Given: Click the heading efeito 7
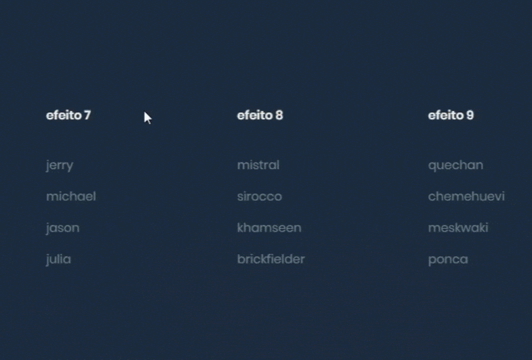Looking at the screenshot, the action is pyautogui.click(x=68, y=116).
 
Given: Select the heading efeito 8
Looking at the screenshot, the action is pyautogui.click(x=260, y=116).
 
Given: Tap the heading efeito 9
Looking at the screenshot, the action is pyautogui.click(x=451, y=116).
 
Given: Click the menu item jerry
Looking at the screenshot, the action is pyautogui.click(x=60, y=166).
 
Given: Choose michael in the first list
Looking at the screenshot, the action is pyautogui.click(x=71, y=196).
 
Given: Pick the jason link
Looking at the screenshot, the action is pyautogui.click(x=63, y=228).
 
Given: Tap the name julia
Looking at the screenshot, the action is pyautogui.click(x=59, y=260).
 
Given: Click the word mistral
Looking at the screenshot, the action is pyautogui.click(x=258, y=165).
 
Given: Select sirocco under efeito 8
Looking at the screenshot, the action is pyautogui.click(x=259, y=196).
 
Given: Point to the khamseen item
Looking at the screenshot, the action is pyautogui.click(x=269, y=228).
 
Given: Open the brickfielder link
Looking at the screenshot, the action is pyautogui.click(x=271, y=259).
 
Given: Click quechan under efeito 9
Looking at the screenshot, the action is pyautogui.click(x=456, y=166).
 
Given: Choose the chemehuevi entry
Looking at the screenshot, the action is pyautogui.click(x=467, y=196).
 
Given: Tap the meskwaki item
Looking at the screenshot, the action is pyautogui.click(x=458, y=228).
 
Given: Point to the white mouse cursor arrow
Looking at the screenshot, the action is pyautogui.click(x=147, y=118).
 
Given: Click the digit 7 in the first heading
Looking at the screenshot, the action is pyautogui.click(x=88, y=116).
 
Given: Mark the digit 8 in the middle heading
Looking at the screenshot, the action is pyautogui.click(x=279, y=116).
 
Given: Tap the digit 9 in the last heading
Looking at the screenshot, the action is pyautogui.click(x=470, y=116).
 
